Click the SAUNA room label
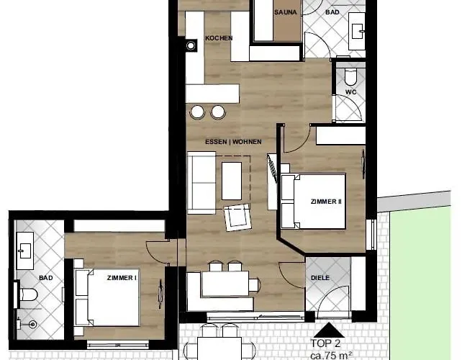[285, 12]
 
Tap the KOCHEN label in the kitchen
[219, 38]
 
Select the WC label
[351, 92]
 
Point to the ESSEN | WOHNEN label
[233, 142]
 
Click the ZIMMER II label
[326, 202]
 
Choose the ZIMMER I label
[122, 278]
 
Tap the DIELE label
[320, 278]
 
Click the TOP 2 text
[325, 343]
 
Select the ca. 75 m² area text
[331, 356]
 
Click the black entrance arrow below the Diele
[329, 330]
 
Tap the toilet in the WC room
[350, 76]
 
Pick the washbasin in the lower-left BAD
[25, 251]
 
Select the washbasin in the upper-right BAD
[357, 31]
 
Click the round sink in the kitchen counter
[191, 45]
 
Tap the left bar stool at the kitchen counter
[197, 112]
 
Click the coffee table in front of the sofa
[232, 181]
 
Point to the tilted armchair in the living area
[237, 217]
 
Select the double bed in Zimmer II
[313, 201]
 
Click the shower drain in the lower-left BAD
[32, 325]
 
